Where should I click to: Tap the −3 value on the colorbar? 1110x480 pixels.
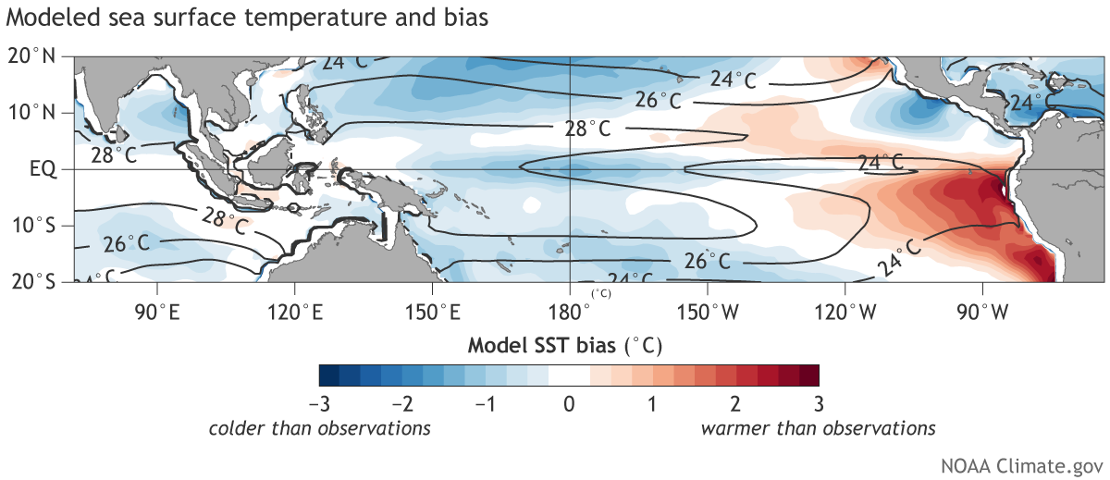tap(315, 404)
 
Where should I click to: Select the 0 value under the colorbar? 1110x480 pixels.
tap(570, 404)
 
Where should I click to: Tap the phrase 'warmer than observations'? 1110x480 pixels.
tap(819, 428)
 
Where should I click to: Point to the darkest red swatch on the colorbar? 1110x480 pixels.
tap(809, 375)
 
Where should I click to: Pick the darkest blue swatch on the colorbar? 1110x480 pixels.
tap(328, 375)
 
